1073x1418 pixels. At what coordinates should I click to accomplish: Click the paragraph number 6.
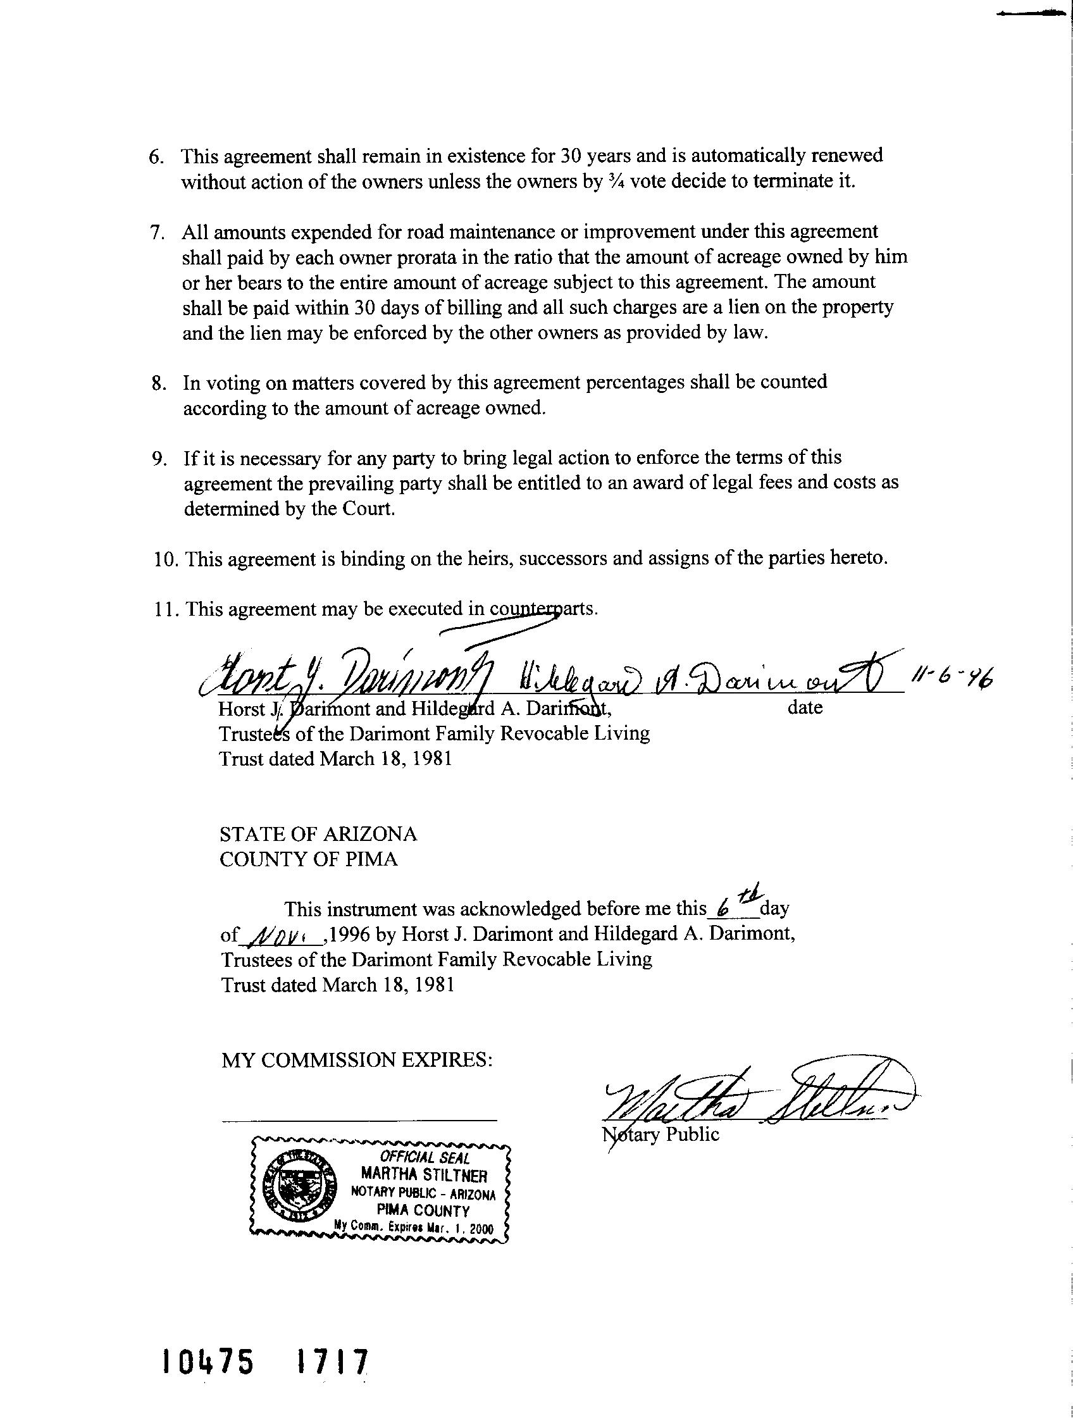point(156,157)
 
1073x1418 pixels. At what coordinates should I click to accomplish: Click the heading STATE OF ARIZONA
point(318,834)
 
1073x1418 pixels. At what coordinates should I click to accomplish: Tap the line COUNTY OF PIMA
point(308,859)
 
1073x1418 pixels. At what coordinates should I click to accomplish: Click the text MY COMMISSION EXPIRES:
point(356,1060)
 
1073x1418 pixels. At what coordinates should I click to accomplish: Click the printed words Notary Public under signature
point(661,1134)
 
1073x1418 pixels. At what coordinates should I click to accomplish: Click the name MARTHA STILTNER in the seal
point(424,1175)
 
